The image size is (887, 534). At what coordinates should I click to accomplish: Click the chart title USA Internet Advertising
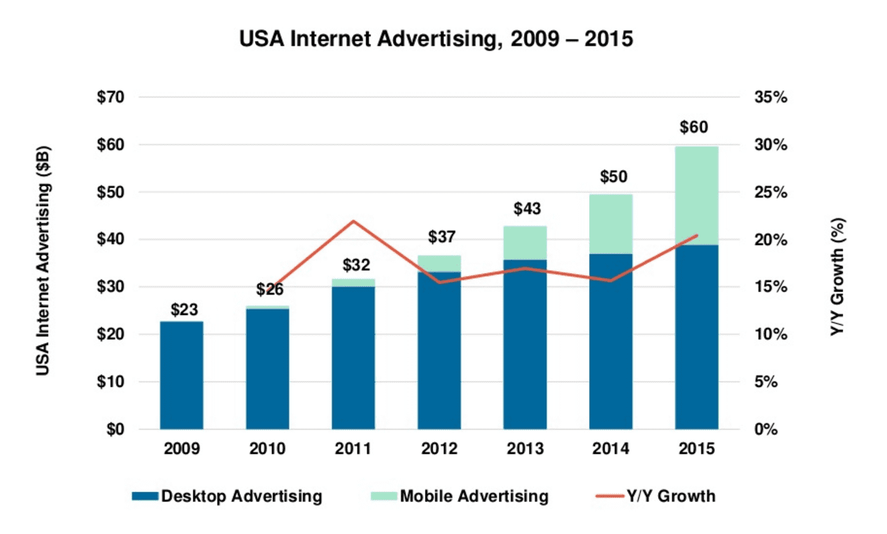click(436, 39)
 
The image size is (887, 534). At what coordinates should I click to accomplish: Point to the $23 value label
click(182, 310)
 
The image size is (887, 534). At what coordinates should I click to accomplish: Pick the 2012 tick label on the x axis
click(439, 449)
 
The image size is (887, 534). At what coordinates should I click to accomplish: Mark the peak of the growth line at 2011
click(353, 221)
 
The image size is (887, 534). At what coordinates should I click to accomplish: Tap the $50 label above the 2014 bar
click(611, 177)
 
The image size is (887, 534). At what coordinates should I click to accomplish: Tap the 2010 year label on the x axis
click(267, 449)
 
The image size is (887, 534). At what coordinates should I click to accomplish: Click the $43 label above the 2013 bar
click(525, 209)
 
